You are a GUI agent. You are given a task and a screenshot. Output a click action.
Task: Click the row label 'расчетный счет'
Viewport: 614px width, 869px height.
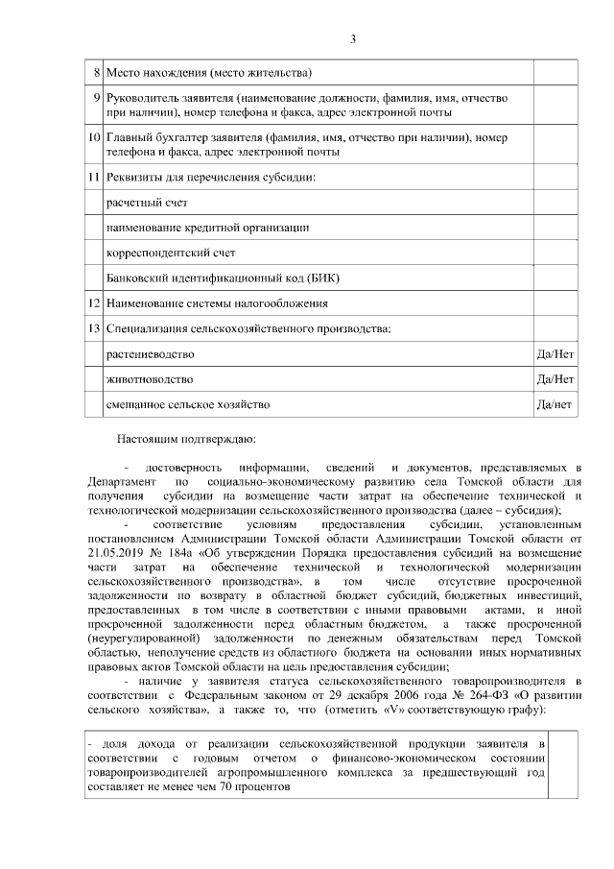(146, 204)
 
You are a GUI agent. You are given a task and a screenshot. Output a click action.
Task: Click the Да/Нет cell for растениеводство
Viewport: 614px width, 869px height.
(555, 354)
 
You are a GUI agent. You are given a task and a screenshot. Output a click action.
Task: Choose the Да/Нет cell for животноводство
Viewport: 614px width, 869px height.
(555, 379)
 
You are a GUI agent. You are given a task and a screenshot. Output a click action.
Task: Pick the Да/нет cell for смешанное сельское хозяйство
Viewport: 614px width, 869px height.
(555, 404)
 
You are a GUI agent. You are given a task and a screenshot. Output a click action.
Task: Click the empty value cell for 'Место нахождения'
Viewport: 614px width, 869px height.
(555, 73)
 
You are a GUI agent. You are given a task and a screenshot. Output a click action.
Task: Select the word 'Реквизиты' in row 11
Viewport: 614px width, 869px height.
(135, 178)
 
